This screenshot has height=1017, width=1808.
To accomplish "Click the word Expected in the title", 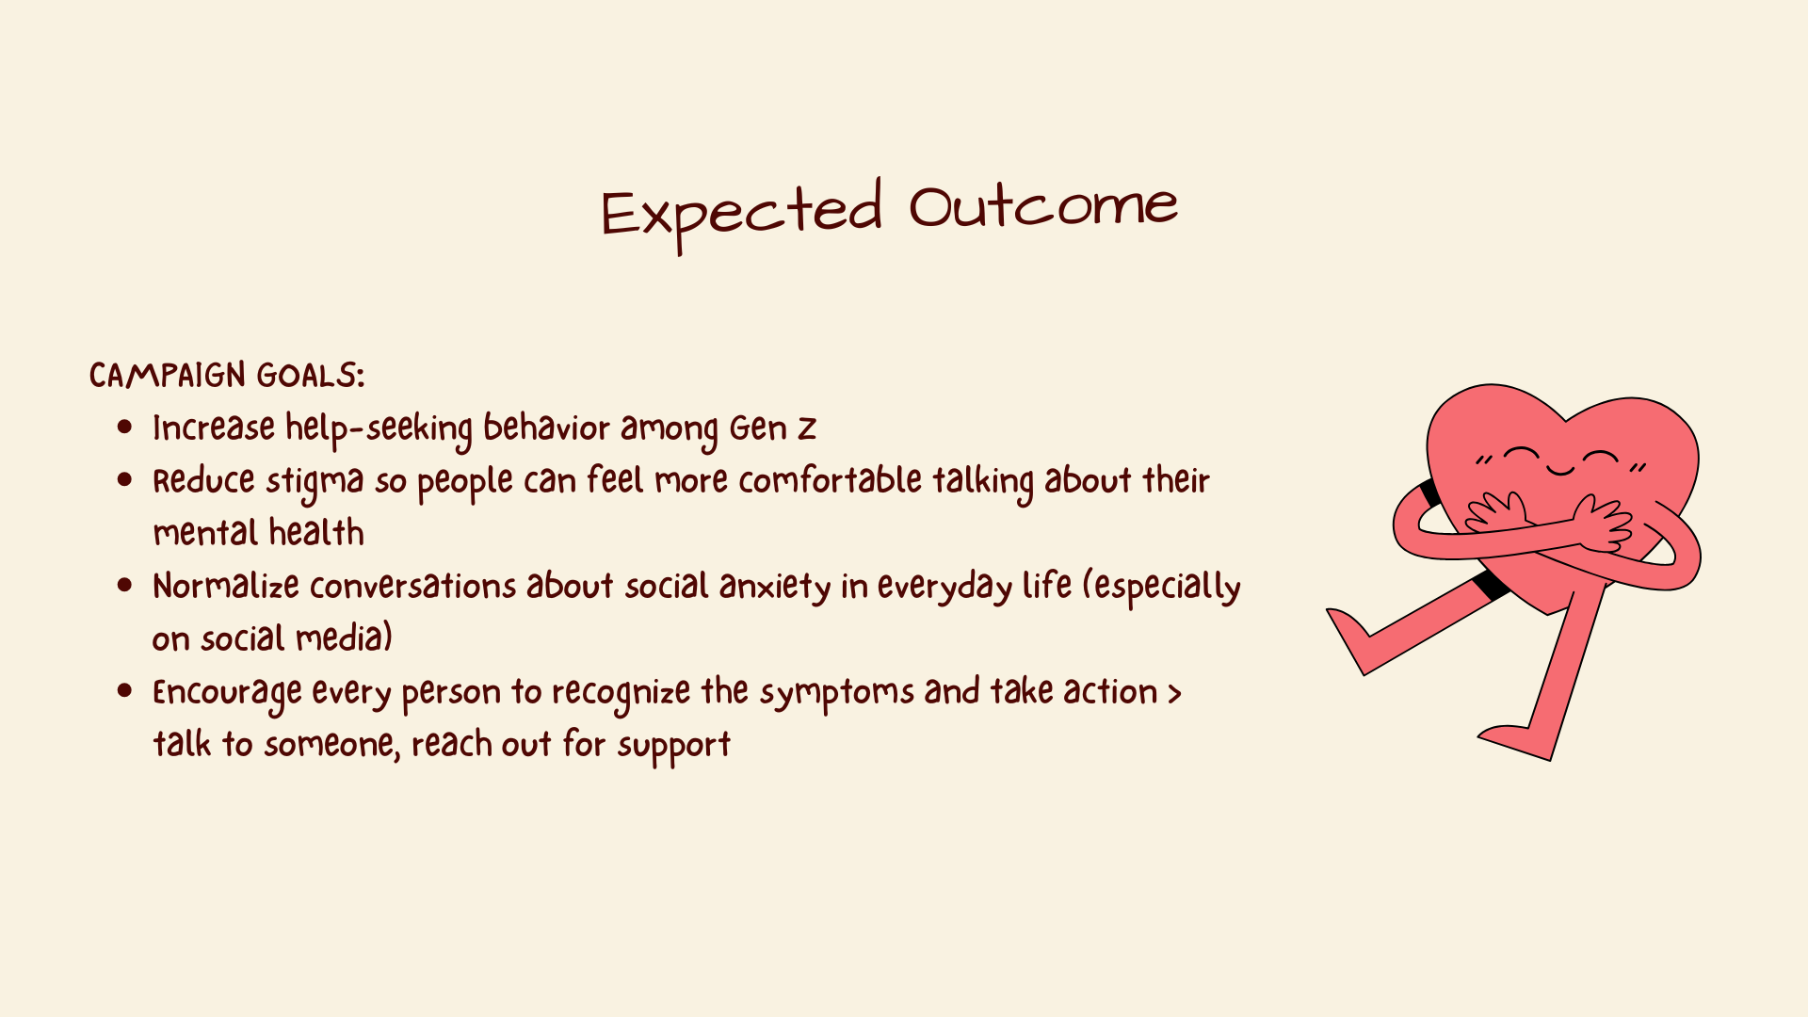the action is [742, 215].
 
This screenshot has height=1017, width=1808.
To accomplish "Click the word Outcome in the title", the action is [1043, 206].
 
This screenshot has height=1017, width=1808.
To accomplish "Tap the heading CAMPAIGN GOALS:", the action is [227, 376].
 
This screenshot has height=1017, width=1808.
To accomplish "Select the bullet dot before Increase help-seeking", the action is [125, 428].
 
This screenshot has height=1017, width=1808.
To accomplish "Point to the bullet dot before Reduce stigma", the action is [125, 480].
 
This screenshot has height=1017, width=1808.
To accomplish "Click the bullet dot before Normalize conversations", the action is [125, 586].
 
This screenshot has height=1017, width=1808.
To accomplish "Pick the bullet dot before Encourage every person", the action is [125, 691].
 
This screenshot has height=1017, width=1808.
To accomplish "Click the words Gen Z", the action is [772, 428].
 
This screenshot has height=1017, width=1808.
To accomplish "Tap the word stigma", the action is [315, 482].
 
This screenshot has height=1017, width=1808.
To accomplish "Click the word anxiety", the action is [775, 588].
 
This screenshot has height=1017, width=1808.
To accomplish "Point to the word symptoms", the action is [837, 694].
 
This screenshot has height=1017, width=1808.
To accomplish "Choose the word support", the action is [674, 747].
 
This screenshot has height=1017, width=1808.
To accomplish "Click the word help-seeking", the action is [379, 429].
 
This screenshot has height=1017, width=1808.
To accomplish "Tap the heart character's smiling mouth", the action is [1560, 469].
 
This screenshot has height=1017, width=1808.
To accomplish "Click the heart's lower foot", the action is [1516, 742].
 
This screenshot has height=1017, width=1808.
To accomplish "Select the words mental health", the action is [259, 533].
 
